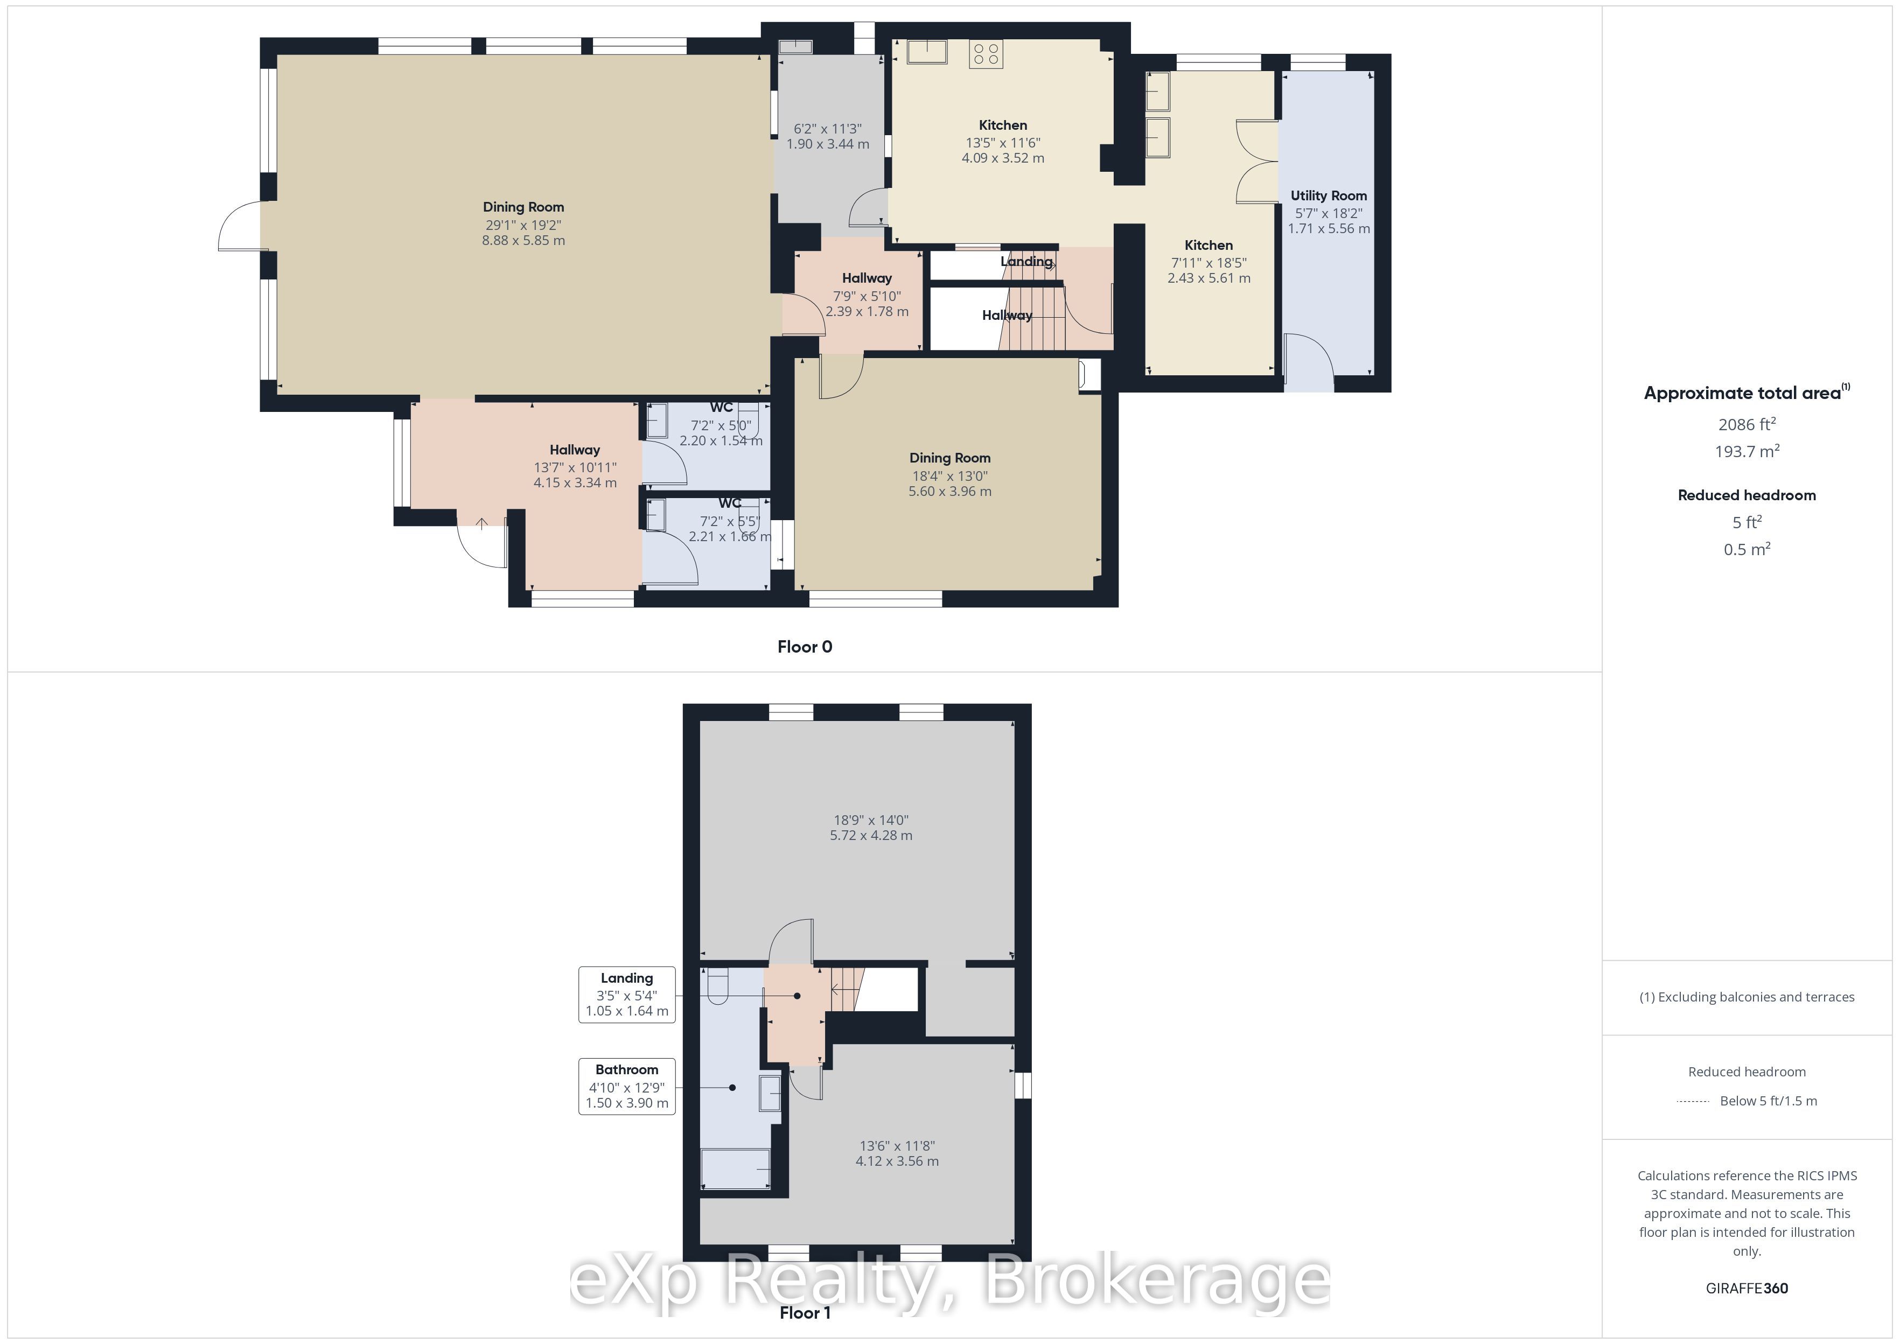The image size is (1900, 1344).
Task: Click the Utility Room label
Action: tap(1328, 195)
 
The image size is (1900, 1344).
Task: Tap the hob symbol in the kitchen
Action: tap(986, 54)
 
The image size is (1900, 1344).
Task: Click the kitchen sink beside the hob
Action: tap(927, 51)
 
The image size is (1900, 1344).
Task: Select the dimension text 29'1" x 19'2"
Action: tap(523, 225)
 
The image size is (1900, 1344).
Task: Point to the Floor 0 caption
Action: tap(805, 646)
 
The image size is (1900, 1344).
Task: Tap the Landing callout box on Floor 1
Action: tap(626, 994)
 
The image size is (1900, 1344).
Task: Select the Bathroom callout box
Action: tap(626, 1086)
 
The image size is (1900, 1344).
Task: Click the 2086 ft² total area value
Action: tap(1746, 424)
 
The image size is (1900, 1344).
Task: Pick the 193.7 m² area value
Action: tap(1746, 451)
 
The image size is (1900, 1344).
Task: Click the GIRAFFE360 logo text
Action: tap(1746, 1287)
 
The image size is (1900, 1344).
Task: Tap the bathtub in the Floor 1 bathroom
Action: tap(735, 1168)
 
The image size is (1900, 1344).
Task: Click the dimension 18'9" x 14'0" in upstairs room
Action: tap(870, 820)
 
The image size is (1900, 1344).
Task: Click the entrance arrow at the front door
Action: tap(481, 523)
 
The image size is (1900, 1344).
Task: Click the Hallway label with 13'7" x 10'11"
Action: tap(574, 450)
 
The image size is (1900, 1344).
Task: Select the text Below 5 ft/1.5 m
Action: tap(1769, 1101)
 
